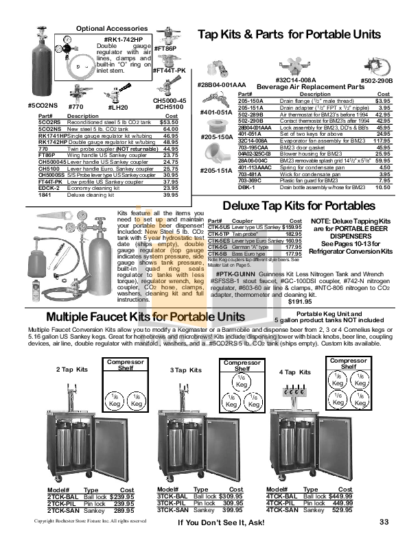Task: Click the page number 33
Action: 384,522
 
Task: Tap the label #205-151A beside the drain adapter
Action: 214,170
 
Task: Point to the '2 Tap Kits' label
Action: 71,369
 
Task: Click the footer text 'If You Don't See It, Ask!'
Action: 220,523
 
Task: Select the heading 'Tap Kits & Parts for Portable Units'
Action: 288,34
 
